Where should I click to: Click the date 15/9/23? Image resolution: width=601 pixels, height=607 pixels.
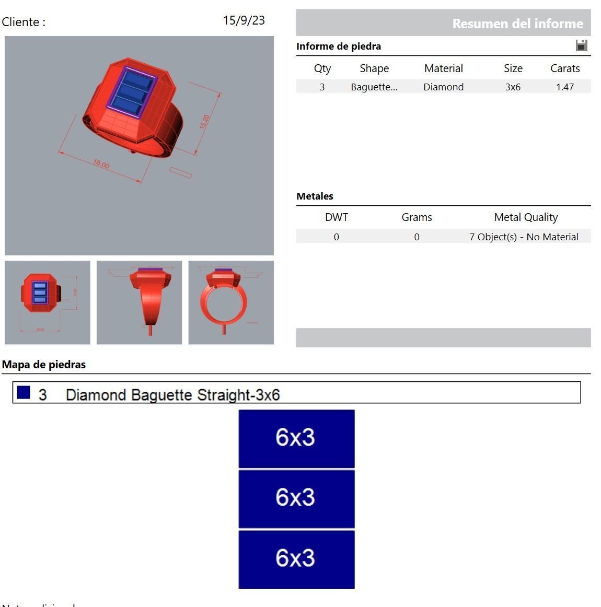(x=244, y=20)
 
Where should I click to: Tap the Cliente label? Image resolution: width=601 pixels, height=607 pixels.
(x=24, y=22)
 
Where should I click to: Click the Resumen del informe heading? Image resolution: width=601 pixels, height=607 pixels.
(x=517, y=24)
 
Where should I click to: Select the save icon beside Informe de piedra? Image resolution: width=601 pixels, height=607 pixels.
(x=581, y=45)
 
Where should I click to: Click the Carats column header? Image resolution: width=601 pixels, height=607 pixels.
(x=565, y=68)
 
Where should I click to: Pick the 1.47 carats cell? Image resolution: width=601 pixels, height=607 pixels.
(x=565, y=87)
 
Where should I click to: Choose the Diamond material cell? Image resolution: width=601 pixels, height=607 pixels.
(x=443, y=87)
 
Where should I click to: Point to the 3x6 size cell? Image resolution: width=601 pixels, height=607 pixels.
(x=513, y=87)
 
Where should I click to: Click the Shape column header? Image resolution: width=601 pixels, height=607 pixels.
(x=374, y=68)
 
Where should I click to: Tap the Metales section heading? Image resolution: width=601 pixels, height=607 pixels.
(x=315, y=196)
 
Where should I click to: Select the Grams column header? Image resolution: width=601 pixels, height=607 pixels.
(x=417, y=217)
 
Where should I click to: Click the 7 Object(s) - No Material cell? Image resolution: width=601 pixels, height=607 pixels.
(x=524, y=237)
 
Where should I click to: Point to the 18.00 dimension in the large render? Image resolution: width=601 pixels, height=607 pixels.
(x=101, y=165)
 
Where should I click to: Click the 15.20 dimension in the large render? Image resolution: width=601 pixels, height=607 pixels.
(x=204, y=122)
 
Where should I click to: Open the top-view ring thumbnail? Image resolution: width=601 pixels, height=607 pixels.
(x=47, y=302)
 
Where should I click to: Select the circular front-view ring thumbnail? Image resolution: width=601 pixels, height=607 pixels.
(x=231, y=302)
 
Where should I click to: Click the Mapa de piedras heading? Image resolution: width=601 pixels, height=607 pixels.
(x=44, y=365)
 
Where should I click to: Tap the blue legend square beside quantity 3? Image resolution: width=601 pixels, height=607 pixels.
(x=24, y=392)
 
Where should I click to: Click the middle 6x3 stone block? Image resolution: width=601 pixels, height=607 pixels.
(x=296, y=498)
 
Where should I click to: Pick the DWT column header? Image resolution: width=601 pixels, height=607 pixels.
(x=336, y=217)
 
